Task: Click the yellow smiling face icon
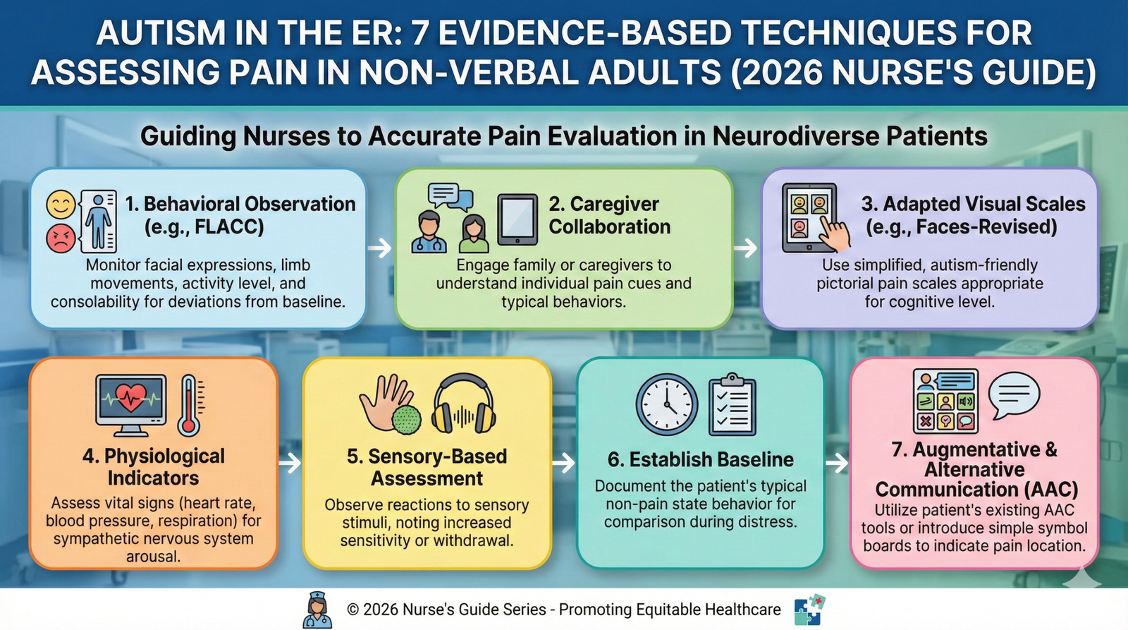(x=61, y=205)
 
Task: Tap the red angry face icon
(x=61, y=238)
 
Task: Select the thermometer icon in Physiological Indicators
(x=190, y=405)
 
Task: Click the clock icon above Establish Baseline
(x=666, y=405)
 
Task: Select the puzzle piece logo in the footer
(x=809, y=610)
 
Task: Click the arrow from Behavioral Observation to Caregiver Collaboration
(x=380, y=248)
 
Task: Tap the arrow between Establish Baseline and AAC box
(x=837, y=464)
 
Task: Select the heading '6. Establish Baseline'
(x=700, y=459)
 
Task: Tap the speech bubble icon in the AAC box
(x=1014, y=395)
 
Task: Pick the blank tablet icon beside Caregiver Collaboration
(x=517, y=219)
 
